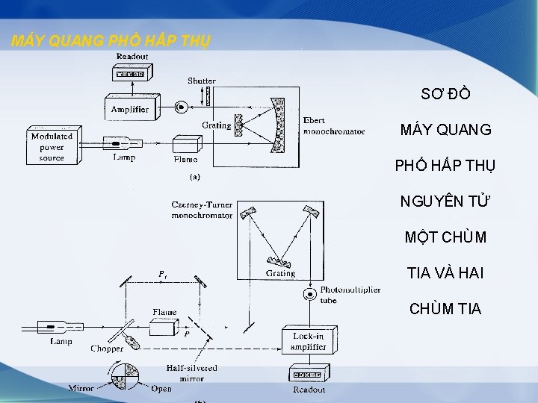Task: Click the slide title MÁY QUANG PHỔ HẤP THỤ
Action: [111, 41]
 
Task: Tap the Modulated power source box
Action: [52, 146]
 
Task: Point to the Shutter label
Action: [201, 81]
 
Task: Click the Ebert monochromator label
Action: [334, 126]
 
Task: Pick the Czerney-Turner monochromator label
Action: [201, 210]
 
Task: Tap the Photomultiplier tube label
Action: [350, 295]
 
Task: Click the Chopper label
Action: [107, 349]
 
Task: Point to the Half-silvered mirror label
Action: [191, 372]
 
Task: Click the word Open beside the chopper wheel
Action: [161, 388]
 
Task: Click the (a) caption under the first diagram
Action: [194, 178]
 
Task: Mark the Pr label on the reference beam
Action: [162, 275]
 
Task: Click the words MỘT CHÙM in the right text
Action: [445, 237]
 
